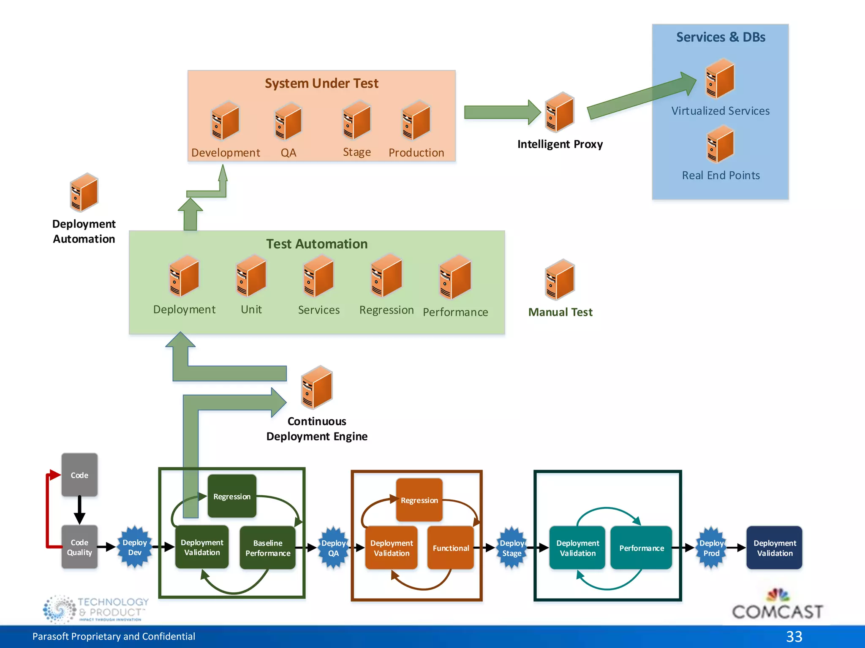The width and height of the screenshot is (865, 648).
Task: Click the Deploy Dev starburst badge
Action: click(x=134, y=547)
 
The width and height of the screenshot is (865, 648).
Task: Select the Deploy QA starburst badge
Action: click(x=333, y=548)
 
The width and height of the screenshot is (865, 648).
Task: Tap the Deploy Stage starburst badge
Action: click(x=511, y=548)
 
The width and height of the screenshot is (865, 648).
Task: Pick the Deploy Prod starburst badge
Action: click(x=711, y=548)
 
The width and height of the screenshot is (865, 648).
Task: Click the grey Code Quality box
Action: click(x=79, y=547)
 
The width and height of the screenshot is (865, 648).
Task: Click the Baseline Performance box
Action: click(x=268, y=548)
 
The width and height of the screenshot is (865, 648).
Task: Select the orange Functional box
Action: click(x=451, y=548)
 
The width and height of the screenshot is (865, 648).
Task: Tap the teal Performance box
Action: click(x=641, y=548)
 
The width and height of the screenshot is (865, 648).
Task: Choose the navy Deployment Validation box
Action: click(x=774, y=548)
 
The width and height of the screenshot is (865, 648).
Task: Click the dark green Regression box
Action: click(x=232, y=496)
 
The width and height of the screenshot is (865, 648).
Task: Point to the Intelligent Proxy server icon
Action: click(x=560, y=112)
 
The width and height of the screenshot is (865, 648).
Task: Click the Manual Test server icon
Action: click(x=560, y=279)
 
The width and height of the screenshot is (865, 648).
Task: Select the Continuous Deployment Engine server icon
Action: click(x=317, y=387)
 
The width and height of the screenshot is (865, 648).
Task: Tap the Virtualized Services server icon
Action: click(x=720, y=79)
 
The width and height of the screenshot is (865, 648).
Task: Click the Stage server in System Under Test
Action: click(x=357, y=120)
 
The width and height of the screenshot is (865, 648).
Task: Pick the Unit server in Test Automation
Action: click(x=251, y=276)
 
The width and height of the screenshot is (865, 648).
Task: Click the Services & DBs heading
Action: click(x=721, y=37)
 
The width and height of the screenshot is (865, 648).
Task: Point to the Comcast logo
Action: click(x=777, y=606)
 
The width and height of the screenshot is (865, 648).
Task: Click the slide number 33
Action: click(x=794, y=636)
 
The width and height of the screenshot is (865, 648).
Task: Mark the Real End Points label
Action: click(x=721, y=175)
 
